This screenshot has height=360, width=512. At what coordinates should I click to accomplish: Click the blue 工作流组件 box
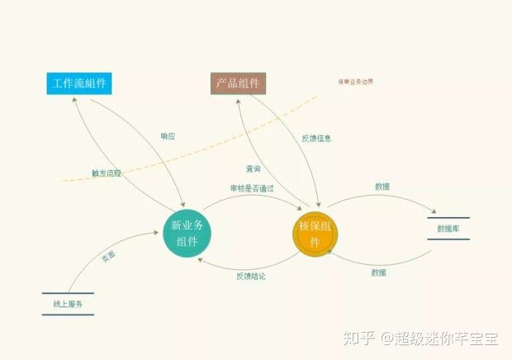point(79,83)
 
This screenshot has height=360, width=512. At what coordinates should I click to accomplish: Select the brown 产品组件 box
point(238,83)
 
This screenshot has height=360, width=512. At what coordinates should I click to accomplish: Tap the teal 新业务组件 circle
point(187,234)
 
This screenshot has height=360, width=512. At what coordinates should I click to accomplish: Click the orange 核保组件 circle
point(315,234)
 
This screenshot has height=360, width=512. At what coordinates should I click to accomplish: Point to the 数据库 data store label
point(448,229)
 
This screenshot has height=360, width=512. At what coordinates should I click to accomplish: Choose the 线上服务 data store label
point(68,304)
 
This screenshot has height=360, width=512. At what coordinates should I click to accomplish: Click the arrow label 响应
point(168,135)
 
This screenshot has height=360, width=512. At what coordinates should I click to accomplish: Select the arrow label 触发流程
point(107,173)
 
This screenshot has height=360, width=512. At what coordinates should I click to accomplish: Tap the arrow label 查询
point(254,168)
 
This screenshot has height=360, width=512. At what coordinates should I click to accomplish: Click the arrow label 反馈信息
point(315,139)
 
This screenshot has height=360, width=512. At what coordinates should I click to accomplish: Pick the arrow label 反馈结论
point(251,276)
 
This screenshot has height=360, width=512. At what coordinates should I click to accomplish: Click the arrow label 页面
point(108,257)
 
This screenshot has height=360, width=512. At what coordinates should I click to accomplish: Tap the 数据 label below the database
point(378,272)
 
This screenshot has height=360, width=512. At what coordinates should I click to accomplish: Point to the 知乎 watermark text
point(356,338)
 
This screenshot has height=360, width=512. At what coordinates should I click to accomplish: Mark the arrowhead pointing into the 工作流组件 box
point(75,97)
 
